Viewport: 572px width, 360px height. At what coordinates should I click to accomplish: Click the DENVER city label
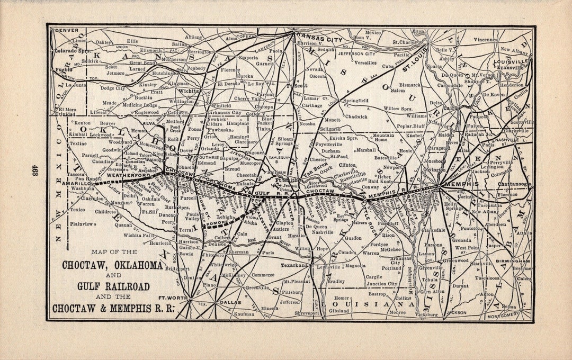point(67,31)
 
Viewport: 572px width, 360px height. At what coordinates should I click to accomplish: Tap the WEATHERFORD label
point(126,175)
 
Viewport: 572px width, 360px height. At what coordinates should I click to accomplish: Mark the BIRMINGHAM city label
point(513,261)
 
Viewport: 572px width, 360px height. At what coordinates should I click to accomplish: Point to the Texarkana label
point(294,265)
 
